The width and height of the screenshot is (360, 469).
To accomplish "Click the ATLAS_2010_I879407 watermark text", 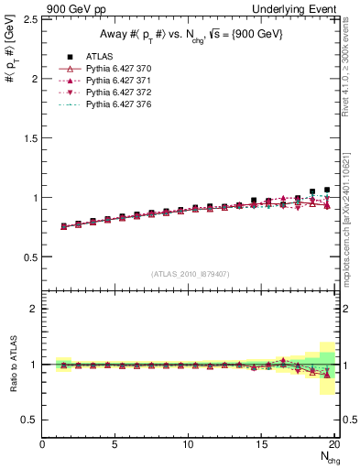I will pos(190,273).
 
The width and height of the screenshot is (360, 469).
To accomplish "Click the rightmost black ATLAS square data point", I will pos(327,190).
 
